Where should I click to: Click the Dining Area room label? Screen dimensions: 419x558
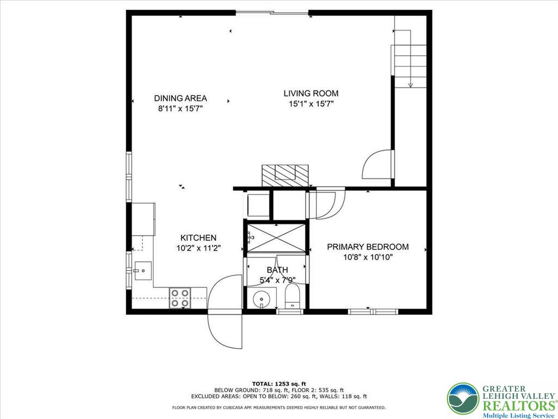pyautogui.click(x=180, y=98)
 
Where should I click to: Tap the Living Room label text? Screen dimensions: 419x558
pyautogui.click(x=311, y=93)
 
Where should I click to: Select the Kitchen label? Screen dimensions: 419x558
pyautogui.click(x=198, y=238)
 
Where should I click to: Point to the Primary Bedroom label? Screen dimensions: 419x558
pyautogui.click(x=367, y=247)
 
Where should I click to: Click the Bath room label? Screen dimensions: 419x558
pyautogui.click(x=277, y=270)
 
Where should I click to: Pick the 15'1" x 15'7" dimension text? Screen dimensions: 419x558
pyautogui.click(x=311, y=104)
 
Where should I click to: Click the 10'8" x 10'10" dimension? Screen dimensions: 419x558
pyautogui.click(x=367, y=257)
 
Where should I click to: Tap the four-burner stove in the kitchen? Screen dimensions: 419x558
pyautogui.click(x=180, y=298)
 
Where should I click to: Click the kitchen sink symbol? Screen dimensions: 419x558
pyautogui.click(x=141, y=270)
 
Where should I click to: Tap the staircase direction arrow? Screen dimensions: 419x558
pyautogui.click(x=410, y=84)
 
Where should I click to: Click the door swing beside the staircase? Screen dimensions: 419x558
pyautogui.click(x=378, y=164)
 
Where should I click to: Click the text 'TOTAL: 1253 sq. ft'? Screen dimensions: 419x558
pyautogui.click(x=279, y=383)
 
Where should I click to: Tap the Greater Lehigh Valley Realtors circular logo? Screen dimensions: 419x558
pyautogui.click(x=463, y=398)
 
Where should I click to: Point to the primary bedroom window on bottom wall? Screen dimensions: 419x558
pyautogui.click(x=373, y=312)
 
